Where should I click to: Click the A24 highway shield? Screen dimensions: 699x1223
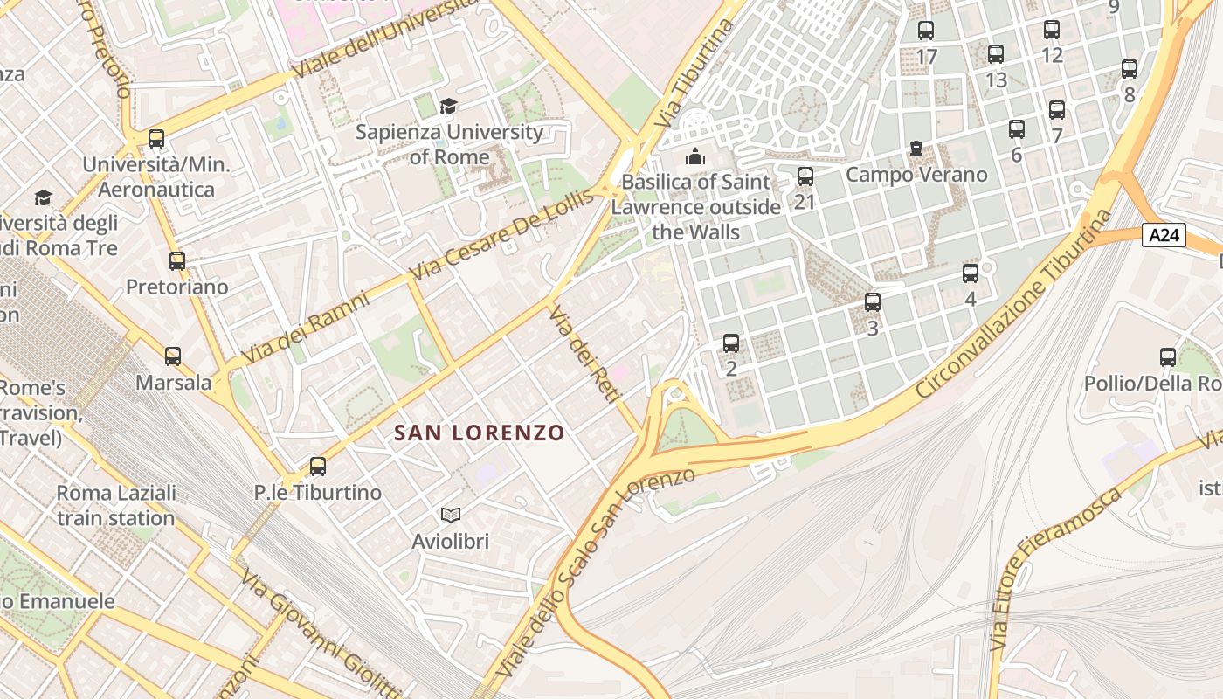1164,234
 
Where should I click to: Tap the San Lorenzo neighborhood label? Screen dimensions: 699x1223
479,433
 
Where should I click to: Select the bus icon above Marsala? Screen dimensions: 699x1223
173,356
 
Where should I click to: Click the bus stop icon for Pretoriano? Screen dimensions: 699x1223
177,260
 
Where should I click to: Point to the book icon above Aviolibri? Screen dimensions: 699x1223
450,516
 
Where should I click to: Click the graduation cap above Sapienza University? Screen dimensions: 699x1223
448,106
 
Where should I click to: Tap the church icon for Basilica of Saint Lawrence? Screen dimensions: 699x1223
695,156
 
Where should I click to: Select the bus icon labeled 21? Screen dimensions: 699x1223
805,176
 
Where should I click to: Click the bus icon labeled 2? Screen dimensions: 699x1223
731,343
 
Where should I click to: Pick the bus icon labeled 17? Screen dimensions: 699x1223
926,31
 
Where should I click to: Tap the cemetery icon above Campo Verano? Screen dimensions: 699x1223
916,149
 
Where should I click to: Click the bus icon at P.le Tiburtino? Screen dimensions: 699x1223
318,466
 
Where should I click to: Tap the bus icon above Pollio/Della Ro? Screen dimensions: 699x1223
1168,356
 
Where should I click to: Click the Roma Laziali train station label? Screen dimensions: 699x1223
116,505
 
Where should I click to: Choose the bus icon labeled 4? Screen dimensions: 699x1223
971,273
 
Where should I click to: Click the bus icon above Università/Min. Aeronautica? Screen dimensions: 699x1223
156,138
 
